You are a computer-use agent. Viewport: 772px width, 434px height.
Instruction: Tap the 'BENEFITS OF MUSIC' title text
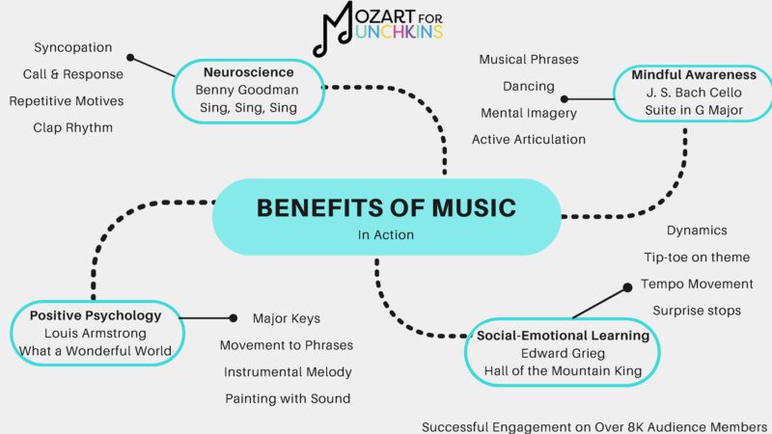click(386, 207)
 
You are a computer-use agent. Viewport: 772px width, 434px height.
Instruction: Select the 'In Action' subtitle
click(385, 234)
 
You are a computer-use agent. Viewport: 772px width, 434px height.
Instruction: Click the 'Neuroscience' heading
click(246, 71)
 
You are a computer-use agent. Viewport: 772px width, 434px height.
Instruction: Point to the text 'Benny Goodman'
click(246, 90)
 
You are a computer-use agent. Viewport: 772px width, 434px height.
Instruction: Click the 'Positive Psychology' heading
click(95, 314)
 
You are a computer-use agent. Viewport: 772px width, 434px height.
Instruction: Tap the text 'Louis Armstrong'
click(95, 333)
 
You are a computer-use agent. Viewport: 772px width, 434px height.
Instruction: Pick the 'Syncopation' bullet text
click(73, 47)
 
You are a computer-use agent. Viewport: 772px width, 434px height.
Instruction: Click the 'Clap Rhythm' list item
click(73, 127)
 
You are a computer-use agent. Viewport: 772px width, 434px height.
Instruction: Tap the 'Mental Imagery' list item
click(529, 113)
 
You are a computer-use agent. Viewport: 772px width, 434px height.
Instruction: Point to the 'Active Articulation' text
click(529, 140)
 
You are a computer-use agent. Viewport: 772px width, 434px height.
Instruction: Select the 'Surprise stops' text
click(697, 311)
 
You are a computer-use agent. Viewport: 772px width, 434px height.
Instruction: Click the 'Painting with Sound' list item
click(288, 398)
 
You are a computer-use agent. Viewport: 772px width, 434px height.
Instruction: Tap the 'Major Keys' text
click(287, 318)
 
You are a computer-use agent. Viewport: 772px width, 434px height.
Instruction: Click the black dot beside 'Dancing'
click(565, 97)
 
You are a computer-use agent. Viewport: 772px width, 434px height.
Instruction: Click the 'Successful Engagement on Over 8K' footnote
click(594, 425)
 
